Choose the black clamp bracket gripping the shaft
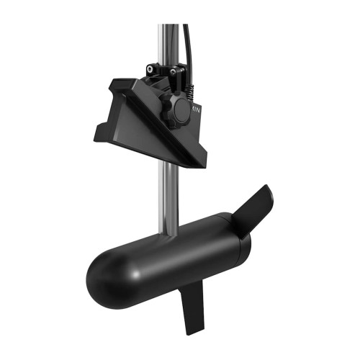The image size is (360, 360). coord(164,75)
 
